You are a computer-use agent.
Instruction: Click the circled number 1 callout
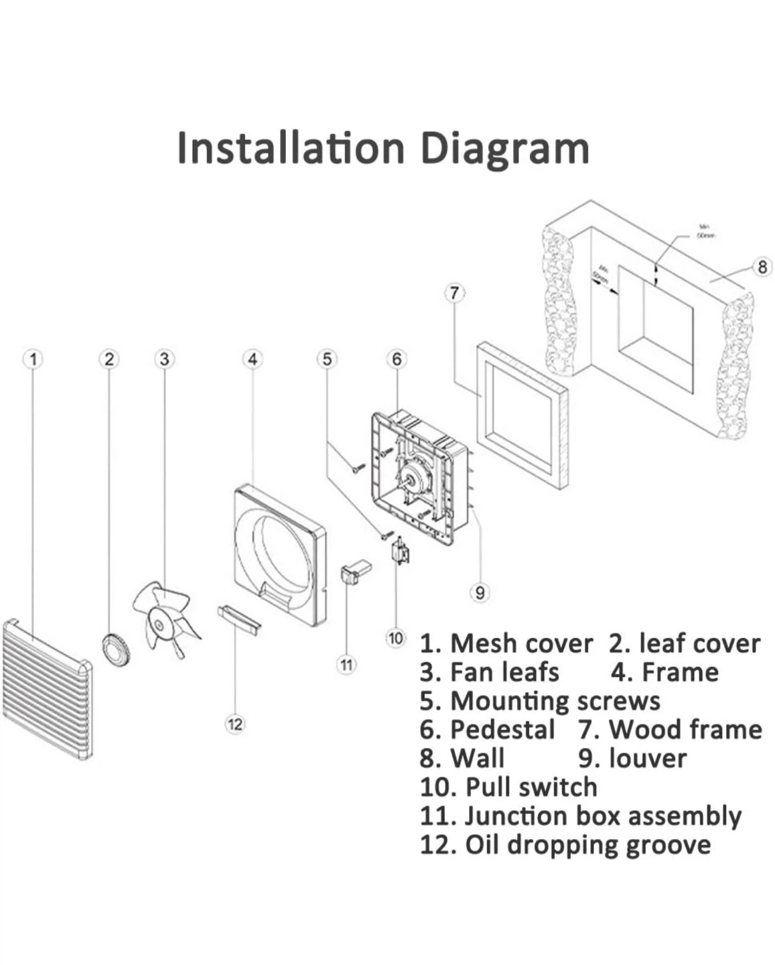coord(33,359)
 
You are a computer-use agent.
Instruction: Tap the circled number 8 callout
coord(762,267)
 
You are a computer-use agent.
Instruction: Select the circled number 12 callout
coord(234,724)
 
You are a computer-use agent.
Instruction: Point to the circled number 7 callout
coord(455,293)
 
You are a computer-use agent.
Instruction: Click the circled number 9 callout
coord(480,592)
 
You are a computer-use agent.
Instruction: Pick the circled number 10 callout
coord(396,638)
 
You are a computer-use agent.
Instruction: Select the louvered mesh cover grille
coord(47,690)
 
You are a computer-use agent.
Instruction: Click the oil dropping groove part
coord(238,618)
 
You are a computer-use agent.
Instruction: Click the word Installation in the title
coord(291,148)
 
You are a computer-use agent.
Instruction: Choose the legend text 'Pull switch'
coord(531,787)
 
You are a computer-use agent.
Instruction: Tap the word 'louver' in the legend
coord(648,758)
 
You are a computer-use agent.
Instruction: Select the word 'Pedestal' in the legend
coord(502,729)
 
